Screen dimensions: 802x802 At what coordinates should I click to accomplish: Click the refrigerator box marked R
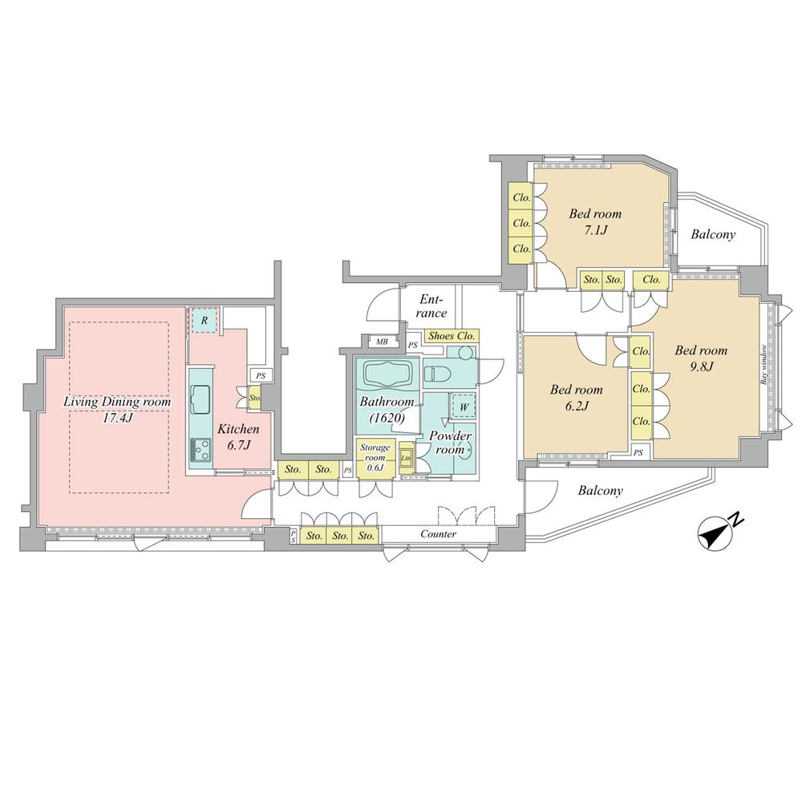coord(205,321)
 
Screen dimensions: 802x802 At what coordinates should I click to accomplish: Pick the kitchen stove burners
coord(199,452)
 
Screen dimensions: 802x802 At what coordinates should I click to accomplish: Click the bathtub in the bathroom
coord(389,375)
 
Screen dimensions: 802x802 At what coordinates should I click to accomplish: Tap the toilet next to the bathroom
coord(439,373)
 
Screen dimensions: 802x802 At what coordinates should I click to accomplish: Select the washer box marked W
coord(464,407)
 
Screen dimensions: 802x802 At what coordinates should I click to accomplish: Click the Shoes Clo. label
coord(454,336)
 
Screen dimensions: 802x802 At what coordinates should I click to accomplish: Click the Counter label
coord(438,534)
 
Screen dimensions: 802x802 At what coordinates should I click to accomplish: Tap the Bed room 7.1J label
coord(595,222)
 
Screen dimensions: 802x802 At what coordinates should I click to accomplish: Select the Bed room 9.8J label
coord(701,358)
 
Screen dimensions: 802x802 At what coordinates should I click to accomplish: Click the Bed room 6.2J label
coord(576,398)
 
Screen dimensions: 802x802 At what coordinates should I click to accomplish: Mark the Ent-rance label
coord(433,306)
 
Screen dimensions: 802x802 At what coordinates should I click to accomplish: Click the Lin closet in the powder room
coord(406,460)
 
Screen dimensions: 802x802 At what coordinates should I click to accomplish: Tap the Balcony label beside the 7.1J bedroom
coord(713,235)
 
